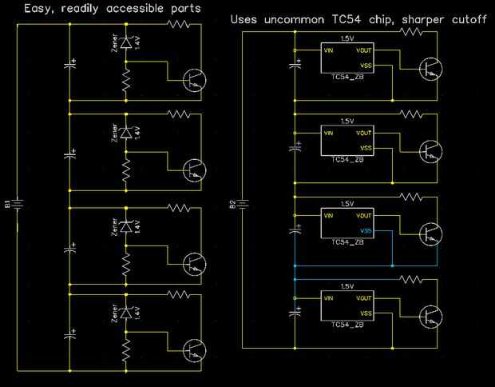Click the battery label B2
[x=232, y=206]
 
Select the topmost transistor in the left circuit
[x=193, y=79]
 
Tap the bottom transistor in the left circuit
[x=193, y=349]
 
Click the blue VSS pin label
[x=366, y=231]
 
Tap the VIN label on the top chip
[x=329, y=50]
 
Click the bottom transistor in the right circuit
[x=430, y=317]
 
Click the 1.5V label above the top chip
[x=346, y=38]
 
